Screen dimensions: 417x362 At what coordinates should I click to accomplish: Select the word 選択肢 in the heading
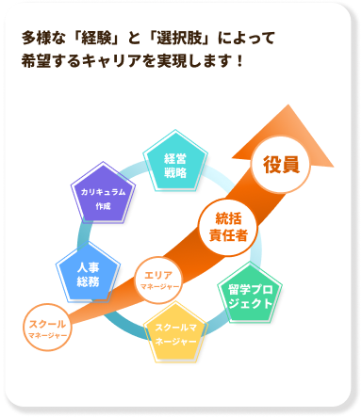point(197,40)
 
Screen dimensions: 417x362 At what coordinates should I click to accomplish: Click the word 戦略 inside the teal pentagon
point(174,173)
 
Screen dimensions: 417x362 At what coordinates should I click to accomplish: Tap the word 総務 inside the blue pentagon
point(88,281)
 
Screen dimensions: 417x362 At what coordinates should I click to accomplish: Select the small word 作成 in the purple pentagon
point(104,205)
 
